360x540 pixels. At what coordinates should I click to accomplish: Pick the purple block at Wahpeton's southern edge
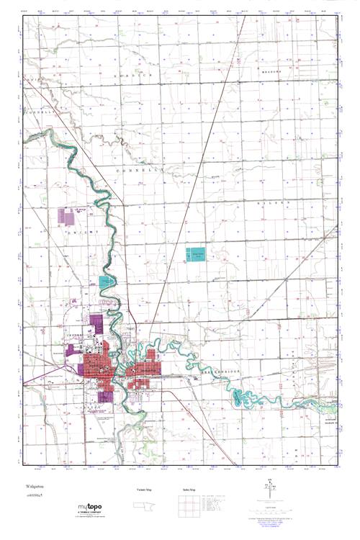click(104, 395)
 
